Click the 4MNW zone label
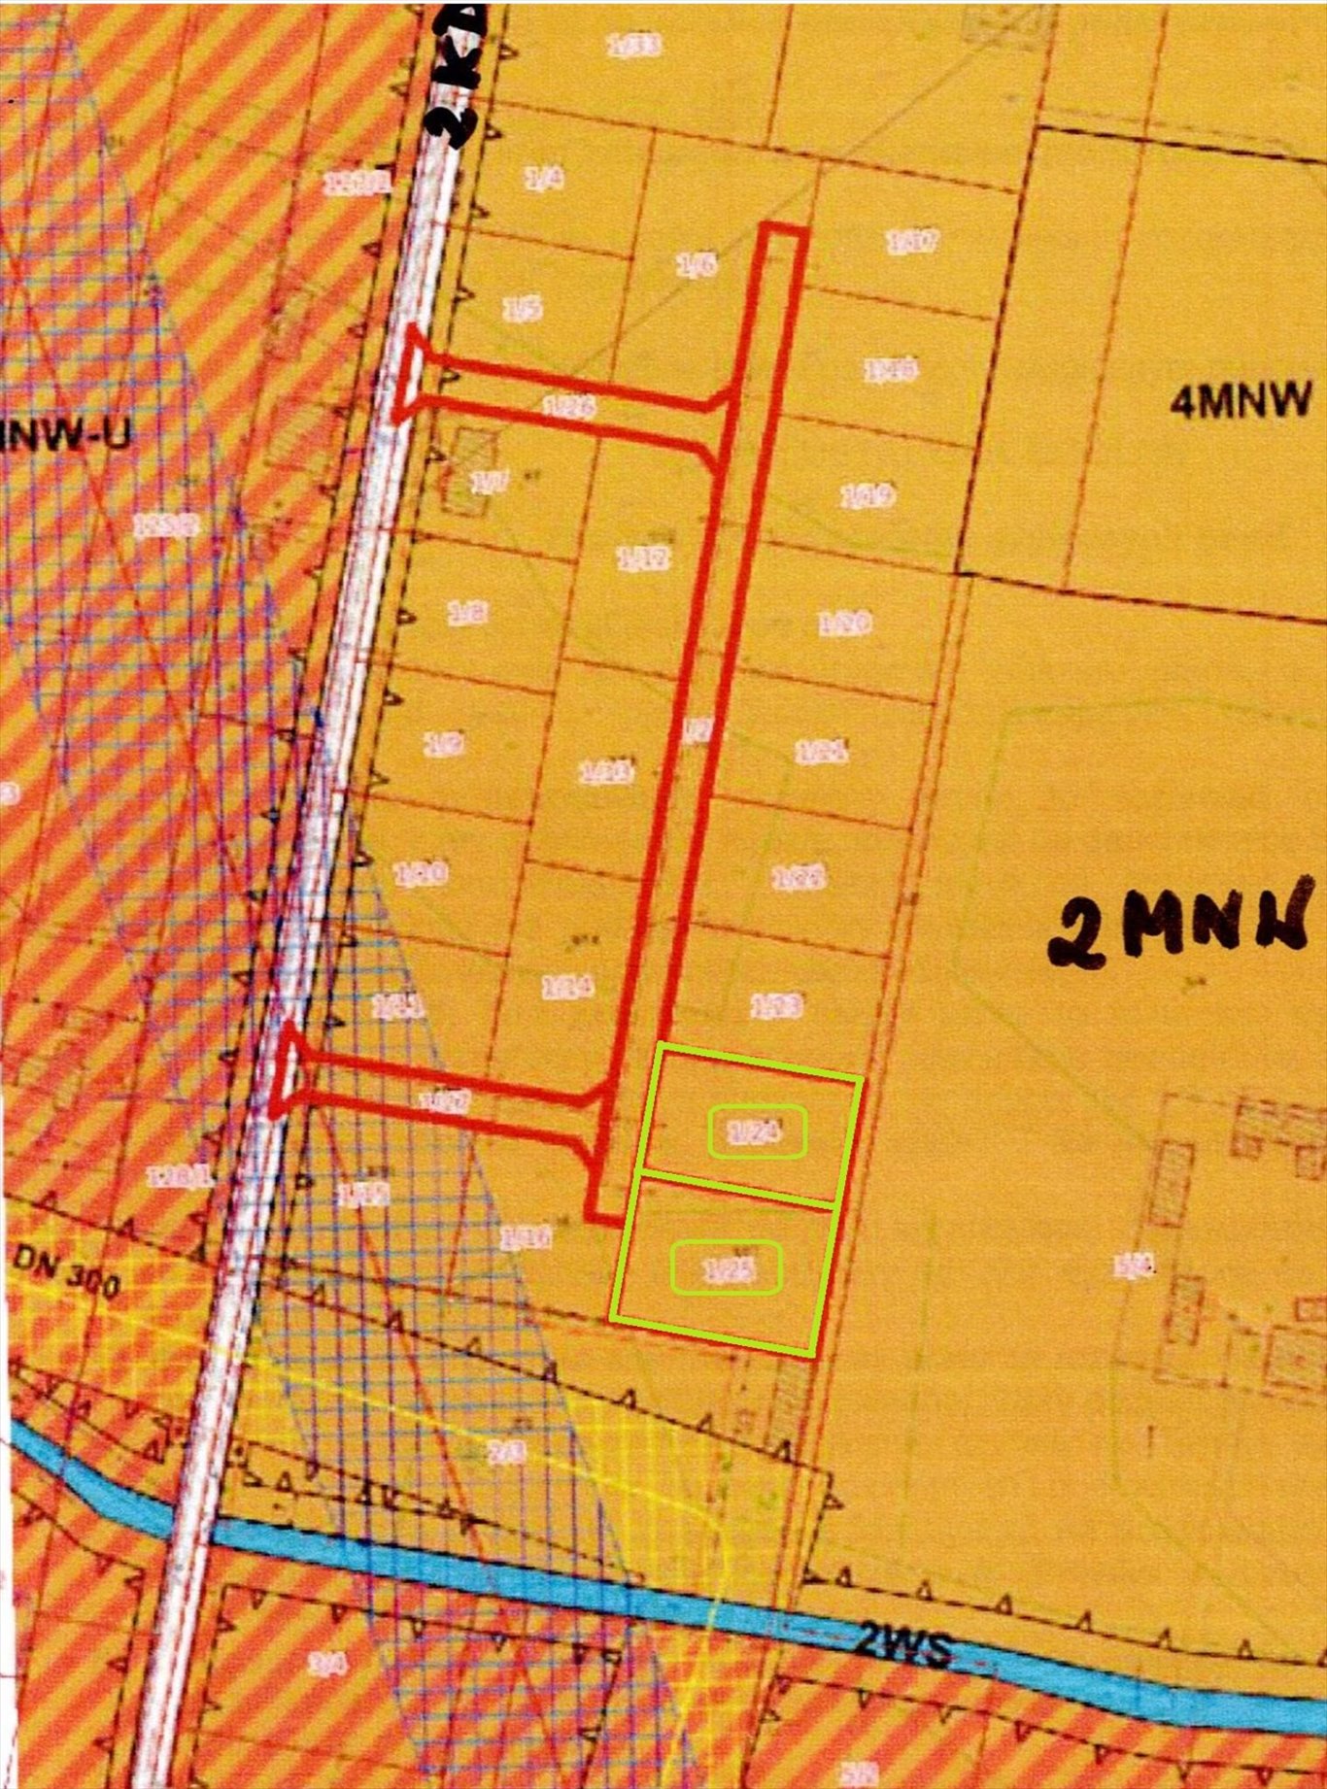(1240, 400)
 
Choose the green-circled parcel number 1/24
(757, 1132)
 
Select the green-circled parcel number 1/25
(728, 1268)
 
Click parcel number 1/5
(522, 309)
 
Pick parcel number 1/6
(697, 264)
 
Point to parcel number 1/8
(467, 613)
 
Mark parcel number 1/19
(867, 497)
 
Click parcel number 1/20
(844, 623)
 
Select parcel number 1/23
(776, 1005)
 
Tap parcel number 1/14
(567, 988)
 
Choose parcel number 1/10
(423, 874)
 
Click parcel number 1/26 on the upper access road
(568, 407)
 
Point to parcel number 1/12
(644, 557)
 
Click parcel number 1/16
(526, 1237)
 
